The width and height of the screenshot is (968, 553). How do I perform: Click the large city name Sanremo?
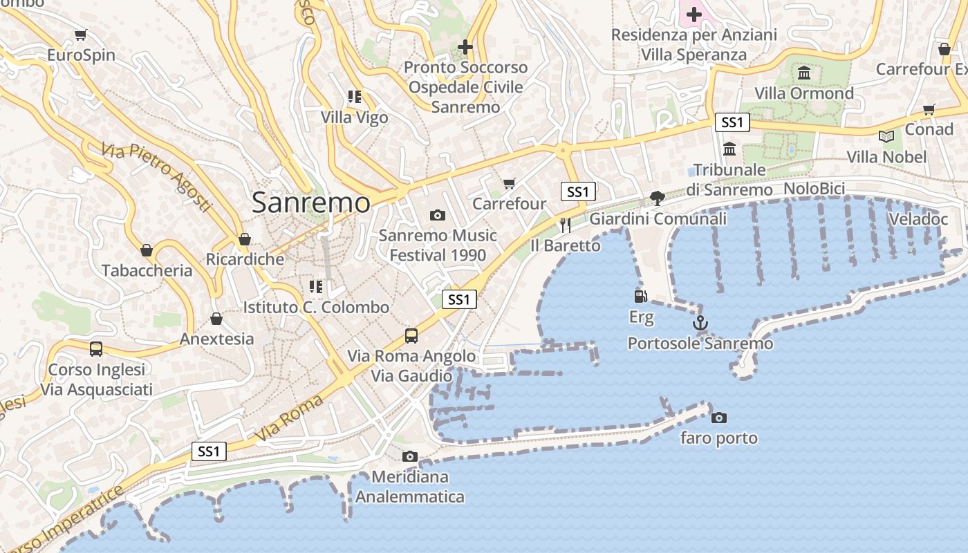[310, 203]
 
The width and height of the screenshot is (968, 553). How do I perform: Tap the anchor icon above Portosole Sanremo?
[700, 323]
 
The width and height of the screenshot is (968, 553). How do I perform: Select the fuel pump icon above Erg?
[641, 297]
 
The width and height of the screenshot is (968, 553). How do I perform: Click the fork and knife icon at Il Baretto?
[566, 225]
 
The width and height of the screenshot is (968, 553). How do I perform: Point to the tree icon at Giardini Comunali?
[658, 198]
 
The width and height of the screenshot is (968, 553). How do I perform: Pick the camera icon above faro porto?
[719, 418]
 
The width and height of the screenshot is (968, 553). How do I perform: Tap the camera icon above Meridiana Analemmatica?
[410, 456]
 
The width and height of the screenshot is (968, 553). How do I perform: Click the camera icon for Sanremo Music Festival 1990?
[437, 215]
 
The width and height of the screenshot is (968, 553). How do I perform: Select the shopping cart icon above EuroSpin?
[81, 35]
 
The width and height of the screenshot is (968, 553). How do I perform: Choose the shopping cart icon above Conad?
[929, 109]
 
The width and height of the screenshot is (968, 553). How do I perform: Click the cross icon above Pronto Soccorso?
[465, 47]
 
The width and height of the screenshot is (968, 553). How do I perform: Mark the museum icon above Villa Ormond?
[804, 73]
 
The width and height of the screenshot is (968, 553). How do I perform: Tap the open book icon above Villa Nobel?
[886, 136]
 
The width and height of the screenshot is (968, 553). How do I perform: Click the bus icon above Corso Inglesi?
[96, 349]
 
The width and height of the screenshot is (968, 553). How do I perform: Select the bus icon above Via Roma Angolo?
[411, 336]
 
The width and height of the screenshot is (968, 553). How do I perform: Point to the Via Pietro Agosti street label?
[156, 177]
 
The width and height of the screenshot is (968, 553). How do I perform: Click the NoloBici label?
[814, 189]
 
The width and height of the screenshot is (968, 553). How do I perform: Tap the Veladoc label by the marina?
[918, 219]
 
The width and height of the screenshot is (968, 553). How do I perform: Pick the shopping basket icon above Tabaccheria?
[147, 250]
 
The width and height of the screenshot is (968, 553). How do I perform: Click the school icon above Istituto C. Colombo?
[316, 286]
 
